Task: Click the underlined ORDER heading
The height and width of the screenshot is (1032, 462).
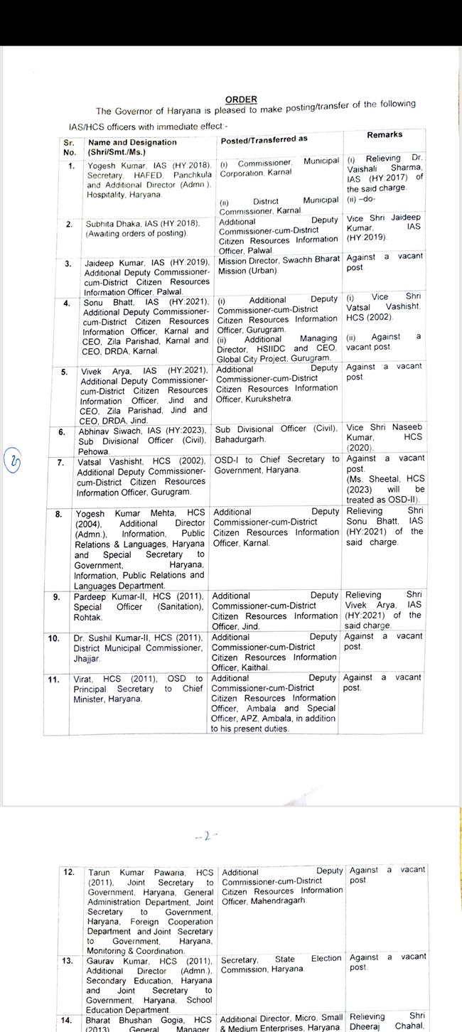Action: point(241,100)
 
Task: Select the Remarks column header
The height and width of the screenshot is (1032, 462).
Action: point(385,134)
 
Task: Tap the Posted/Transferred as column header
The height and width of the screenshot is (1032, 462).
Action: point(264,139)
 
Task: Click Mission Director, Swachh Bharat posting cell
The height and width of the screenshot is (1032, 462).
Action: point(279,264)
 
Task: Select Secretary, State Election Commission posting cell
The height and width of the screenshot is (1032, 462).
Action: point(281,964)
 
